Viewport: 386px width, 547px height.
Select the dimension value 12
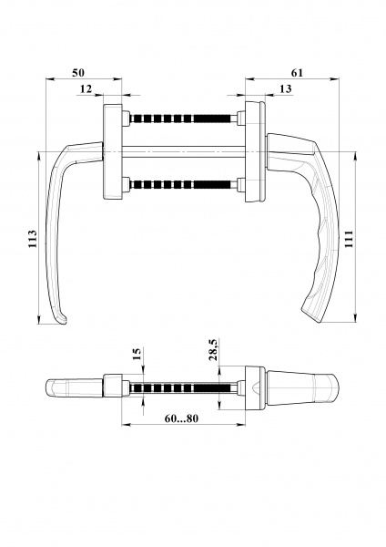[86, 88]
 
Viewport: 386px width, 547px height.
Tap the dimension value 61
[297, 71]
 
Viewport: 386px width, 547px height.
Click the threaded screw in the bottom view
[182, 388]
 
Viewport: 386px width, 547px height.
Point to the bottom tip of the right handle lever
[314, 317]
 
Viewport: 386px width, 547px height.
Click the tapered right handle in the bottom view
[300, 387]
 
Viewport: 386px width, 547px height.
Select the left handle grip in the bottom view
[73, 387]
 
